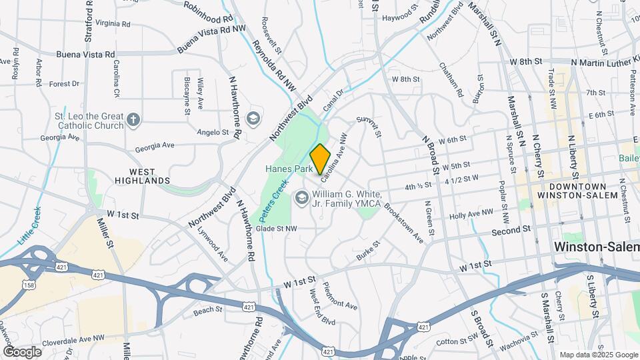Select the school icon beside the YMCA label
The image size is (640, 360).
pyautogui.click(x=302, y=197)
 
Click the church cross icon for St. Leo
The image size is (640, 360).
pyautogui.click(x=133, y=120)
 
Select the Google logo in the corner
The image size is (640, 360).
pyautogui.click(x=22, y=351)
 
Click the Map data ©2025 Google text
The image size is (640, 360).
pyautogui.click(x=598, y=355)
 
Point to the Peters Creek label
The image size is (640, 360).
pyautogui.click(x=274, y=201)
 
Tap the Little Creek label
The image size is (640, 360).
pyautogui.click(x=31, y=227)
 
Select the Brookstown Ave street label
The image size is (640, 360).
pyautogui.click(x=403, y=222)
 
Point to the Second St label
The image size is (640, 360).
pyautogui.click(x=510, y=230)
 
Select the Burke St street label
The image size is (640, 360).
pyautogui.click(x=367, y=251)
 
